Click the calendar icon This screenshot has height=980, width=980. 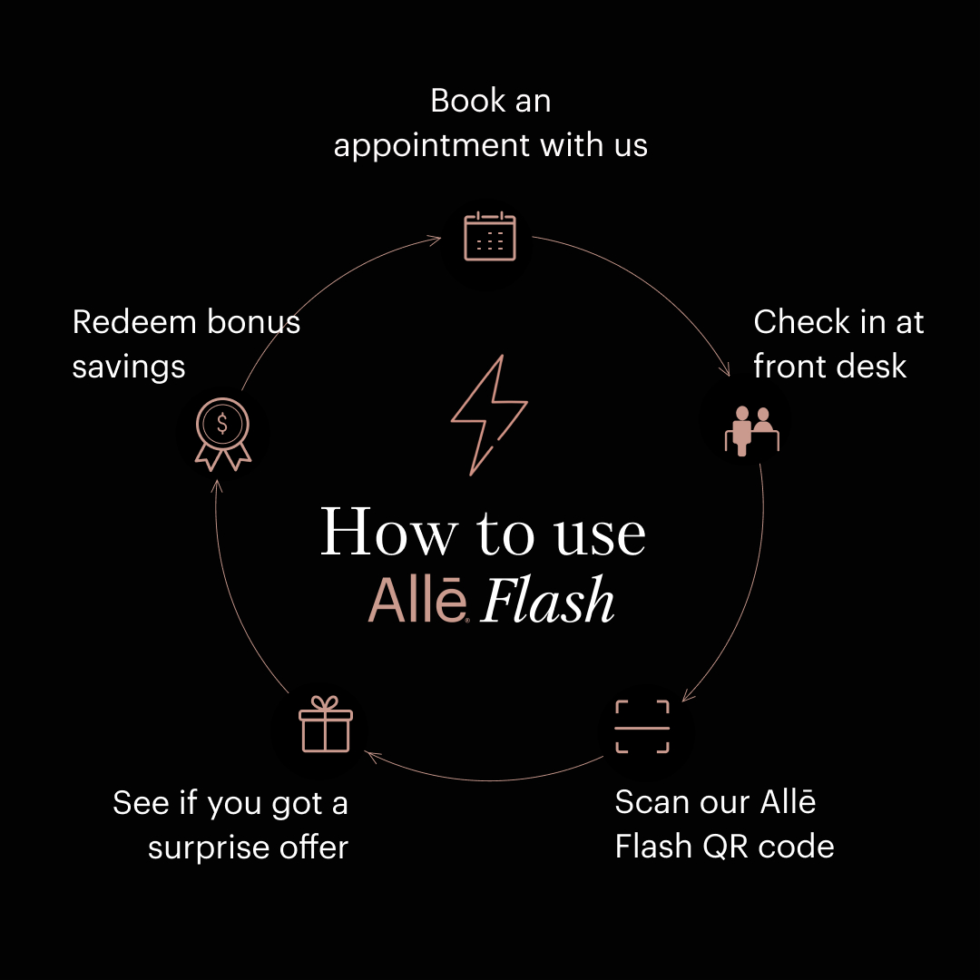[490, 236]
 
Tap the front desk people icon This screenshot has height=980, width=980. [752, 429]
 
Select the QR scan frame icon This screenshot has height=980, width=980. [642, 727]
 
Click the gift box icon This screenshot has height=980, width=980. [325, 725]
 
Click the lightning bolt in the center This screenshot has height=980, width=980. [487, 414]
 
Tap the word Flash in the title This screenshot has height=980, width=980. [547, 602]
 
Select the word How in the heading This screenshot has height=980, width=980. [387, 533]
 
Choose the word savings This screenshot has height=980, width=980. [129, 367]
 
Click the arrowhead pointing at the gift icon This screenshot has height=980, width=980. [367, 752]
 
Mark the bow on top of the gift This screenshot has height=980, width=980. [325, 703]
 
